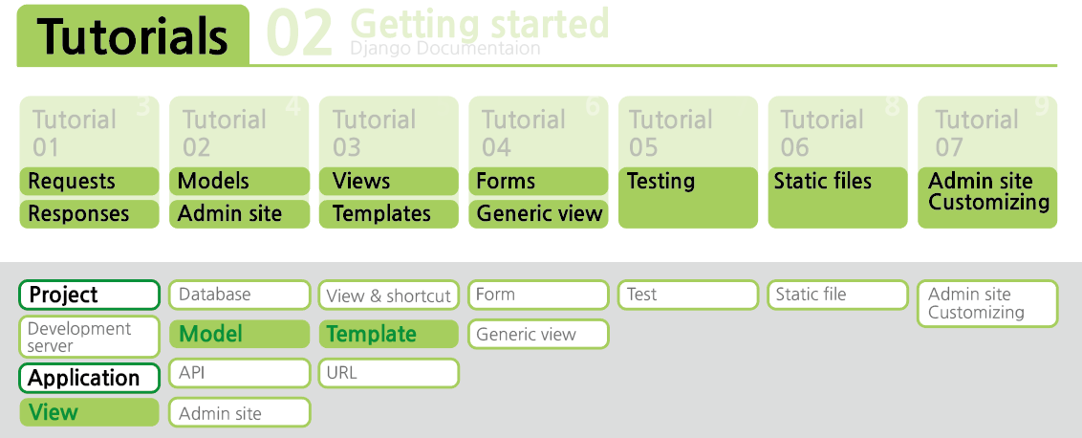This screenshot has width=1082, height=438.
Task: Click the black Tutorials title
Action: click(x=133, y=36)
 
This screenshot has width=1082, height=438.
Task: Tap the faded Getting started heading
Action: click(x=480, y=23)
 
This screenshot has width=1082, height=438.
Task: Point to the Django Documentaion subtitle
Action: click(x=445, y=49)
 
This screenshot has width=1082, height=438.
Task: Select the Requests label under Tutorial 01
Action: click(x=72, y=181)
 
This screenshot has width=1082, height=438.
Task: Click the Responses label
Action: click(x=78, y=213)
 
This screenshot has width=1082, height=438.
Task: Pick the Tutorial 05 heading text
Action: click(x=670, y=133)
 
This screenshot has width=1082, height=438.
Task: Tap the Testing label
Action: click(x=660, y=182)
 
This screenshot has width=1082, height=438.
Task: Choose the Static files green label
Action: click(x=823, y=181)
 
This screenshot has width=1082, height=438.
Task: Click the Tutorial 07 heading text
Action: click(x=977, y=133)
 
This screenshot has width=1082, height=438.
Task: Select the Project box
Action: click(x=89, y=295)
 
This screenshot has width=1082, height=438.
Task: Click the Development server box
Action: click(x=89, y=337)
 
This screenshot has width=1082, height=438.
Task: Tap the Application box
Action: click(x=89, y=378)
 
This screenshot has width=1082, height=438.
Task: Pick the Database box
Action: click(x=240, y=295)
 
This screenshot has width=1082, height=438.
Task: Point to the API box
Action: click(x=240, y=373)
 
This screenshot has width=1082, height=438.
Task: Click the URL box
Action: click(x=388, y=373)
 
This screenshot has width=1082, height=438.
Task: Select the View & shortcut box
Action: click(x=388, y=295)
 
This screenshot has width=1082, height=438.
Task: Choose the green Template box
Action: click(x=388, y=335)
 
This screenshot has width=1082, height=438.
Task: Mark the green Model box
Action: click(x=240, y=335)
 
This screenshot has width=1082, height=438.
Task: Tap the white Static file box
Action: click(x=837, y=295)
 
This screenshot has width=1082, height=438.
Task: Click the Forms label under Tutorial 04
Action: click(x=506, y=181)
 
